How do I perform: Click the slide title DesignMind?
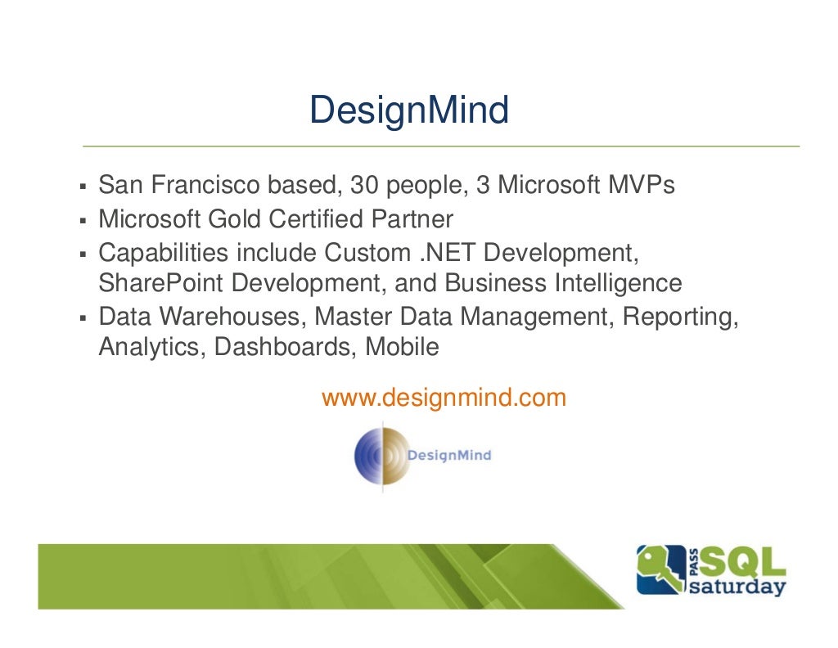click(409, 110)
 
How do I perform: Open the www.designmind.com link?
click(444, 398)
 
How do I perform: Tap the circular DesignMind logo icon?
click(381, 457)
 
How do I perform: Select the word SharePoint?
click(160, 283)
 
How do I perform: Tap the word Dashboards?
click(286, 347)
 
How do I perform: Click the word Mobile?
click(402, 347)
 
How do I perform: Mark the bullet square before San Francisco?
click(83, 187)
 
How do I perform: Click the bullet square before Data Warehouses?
click(83, 317)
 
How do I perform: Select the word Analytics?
click(151, 347)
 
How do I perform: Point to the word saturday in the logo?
click(737, 587)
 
